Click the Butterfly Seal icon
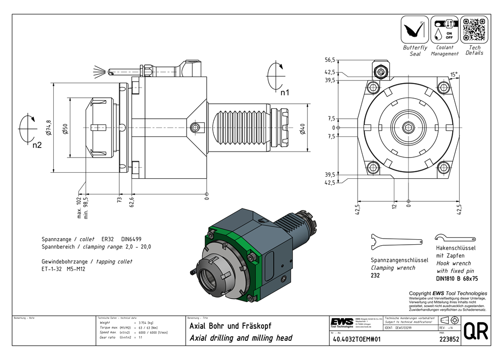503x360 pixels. [415, 30]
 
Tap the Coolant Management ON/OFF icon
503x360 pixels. [445, 30]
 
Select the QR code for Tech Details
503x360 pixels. [474, 30]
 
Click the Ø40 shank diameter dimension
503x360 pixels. [302, 128]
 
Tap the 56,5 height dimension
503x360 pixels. [330, 60]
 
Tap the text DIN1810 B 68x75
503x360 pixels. [456, 277]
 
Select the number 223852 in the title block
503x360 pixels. [446, 339]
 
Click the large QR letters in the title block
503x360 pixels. [475, 331]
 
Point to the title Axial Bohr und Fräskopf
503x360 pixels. [230, 326]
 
